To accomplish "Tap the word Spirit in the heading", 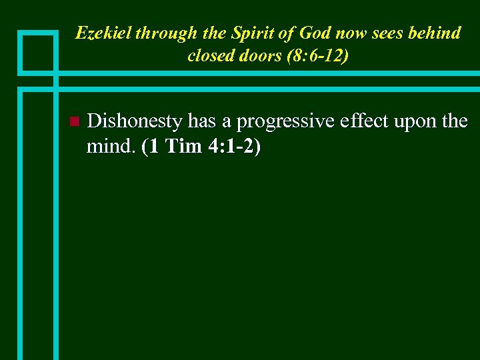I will pos(248,33).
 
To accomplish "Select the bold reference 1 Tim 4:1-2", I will pos(201,146).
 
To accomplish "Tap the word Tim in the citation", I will pos(183,146).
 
